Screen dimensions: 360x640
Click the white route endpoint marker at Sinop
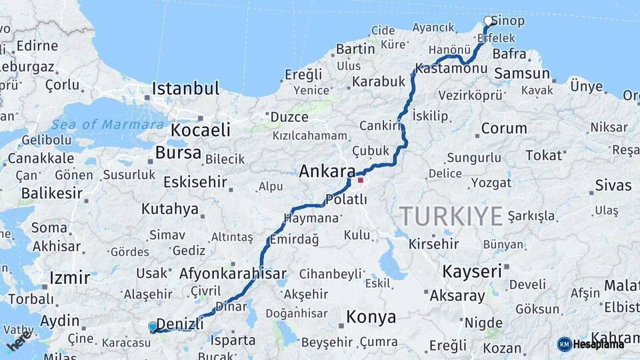pos(488,21)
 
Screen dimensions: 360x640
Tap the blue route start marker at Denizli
pos(153,326)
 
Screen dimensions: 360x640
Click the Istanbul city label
pos(185,89)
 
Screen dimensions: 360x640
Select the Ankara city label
pos(327,171)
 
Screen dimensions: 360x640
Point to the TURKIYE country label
pos(451,216)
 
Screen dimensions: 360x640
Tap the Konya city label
pos(370,317)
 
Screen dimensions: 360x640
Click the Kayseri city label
pos(471,271)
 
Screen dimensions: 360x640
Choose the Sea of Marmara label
pos(107,125)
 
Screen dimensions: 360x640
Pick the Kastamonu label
pos(451,69)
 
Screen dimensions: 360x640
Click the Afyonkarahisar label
pos(233,273)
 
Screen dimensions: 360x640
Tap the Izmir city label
pos(69,277)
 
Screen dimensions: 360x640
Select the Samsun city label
pos(522,74)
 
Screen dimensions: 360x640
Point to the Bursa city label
pos(178,153)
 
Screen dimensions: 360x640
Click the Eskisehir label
pos(195,183)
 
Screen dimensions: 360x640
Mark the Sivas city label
pos(613,185)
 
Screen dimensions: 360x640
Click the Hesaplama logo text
pos(600,344)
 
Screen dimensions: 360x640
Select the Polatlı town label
pos(347,199)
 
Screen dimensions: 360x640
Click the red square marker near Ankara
pos(360,179)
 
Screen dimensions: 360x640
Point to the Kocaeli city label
pos(201,129)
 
